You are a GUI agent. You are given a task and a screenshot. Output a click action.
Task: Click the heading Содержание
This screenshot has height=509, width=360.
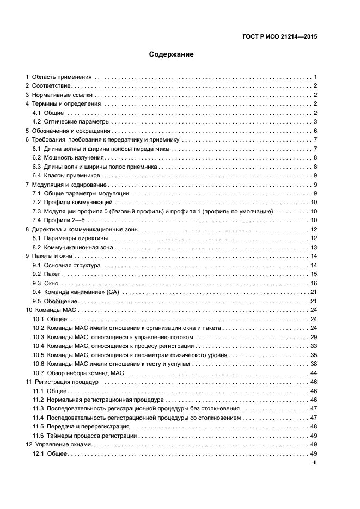[172, 54]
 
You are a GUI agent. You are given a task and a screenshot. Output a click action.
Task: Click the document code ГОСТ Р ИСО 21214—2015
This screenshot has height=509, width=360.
[279, 37]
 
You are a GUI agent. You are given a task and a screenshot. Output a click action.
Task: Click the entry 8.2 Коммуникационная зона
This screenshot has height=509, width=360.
[72, 247]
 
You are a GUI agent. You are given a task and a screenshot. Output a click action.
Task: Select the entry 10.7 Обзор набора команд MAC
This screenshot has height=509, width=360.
[86, 372]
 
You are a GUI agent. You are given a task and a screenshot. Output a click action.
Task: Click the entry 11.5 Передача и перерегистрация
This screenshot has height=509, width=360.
[88, 426]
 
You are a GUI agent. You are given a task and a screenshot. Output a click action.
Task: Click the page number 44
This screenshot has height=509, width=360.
[314, 372]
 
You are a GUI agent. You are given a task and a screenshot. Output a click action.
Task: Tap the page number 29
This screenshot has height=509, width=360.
[314, 336]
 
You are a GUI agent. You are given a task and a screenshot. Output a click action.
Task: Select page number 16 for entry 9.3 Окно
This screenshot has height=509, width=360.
[314, 283]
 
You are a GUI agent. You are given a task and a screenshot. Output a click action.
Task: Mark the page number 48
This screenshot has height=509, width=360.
[314, 426]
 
